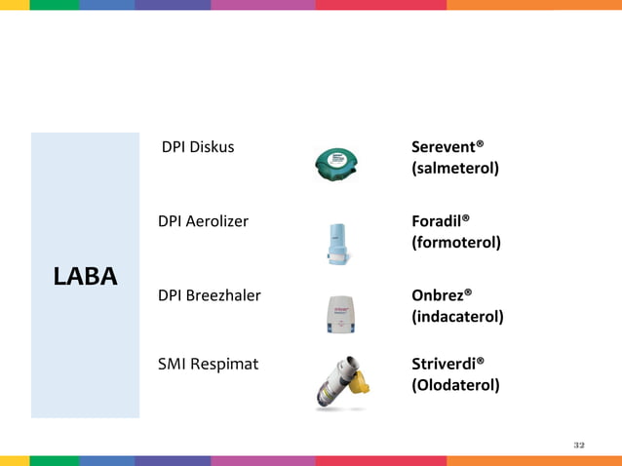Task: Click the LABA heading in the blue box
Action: click(85, 276)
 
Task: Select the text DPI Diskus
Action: click(198, 147)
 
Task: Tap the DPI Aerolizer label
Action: click(203, 221)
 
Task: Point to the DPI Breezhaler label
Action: click(209, 294)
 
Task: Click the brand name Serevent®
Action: click(447, 147)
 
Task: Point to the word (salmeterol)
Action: click(455, 169)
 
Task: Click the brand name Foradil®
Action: click(441, 221)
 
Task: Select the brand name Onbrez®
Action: click(442, 294)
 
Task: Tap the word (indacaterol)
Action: click(457, 316)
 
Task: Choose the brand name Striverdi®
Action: click(447, 365)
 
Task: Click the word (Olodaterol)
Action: click(455, 385)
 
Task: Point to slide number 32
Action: click(579, 445)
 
